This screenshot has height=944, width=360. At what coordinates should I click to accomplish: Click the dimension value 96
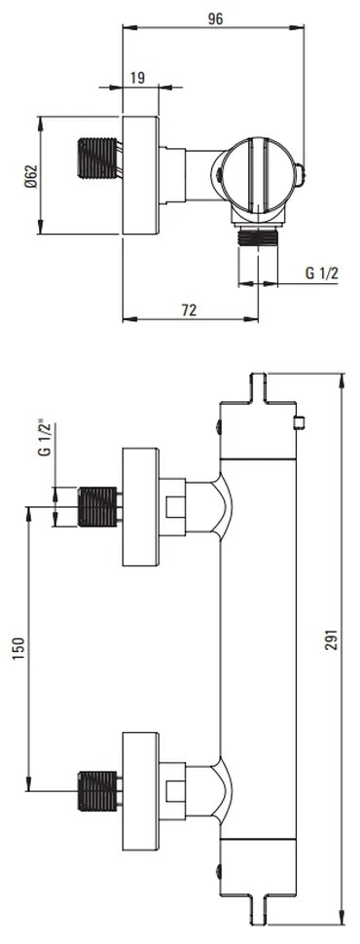[215, 18]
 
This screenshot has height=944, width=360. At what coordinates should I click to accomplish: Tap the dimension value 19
[136, 77]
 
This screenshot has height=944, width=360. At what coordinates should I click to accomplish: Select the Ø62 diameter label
[30, 175]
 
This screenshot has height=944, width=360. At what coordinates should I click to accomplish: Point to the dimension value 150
[18, 649]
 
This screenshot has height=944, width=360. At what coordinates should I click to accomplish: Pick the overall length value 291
[331, 640]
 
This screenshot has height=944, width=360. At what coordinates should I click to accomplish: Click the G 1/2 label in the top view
[321, 273]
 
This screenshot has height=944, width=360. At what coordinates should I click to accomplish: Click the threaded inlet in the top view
[96, 159]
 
